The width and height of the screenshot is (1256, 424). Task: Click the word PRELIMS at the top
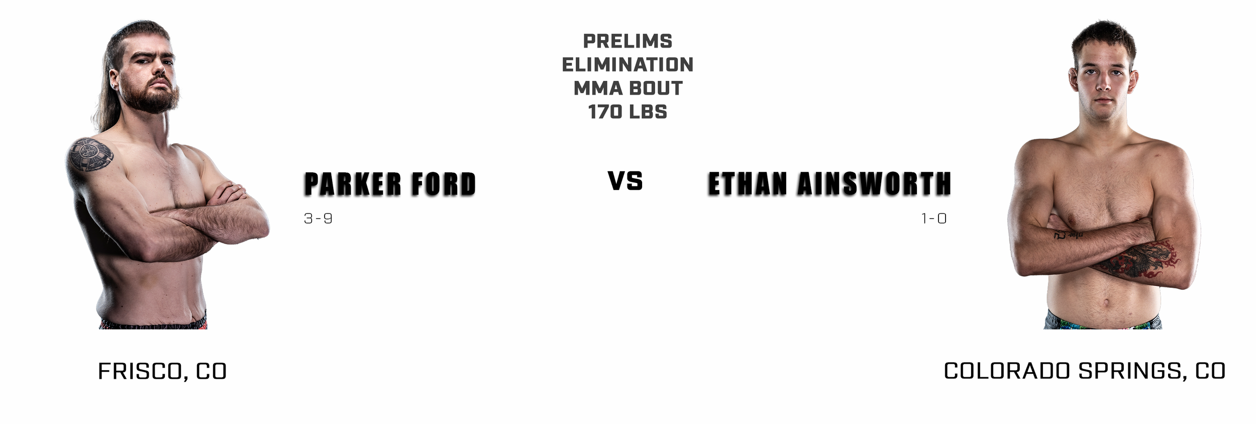click(627, 41)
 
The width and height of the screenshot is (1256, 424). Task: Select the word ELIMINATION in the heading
click(627, 65)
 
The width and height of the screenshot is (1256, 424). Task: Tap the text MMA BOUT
click(627, 88)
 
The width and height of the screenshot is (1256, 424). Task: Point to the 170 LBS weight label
click(627, 112)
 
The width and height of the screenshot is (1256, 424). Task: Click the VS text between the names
click(625, 181)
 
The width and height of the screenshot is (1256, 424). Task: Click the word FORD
click(443, 184)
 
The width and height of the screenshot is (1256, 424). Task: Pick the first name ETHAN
click(747, 184)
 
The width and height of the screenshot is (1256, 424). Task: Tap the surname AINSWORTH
click(874, 184)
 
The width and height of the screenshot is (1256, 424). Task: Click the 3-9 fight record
click(318, 219)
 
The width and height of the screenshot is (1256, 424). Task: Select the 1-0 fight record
click(933, 219)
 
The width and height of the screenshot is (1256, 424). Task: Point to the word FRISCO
click(139, 372)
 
